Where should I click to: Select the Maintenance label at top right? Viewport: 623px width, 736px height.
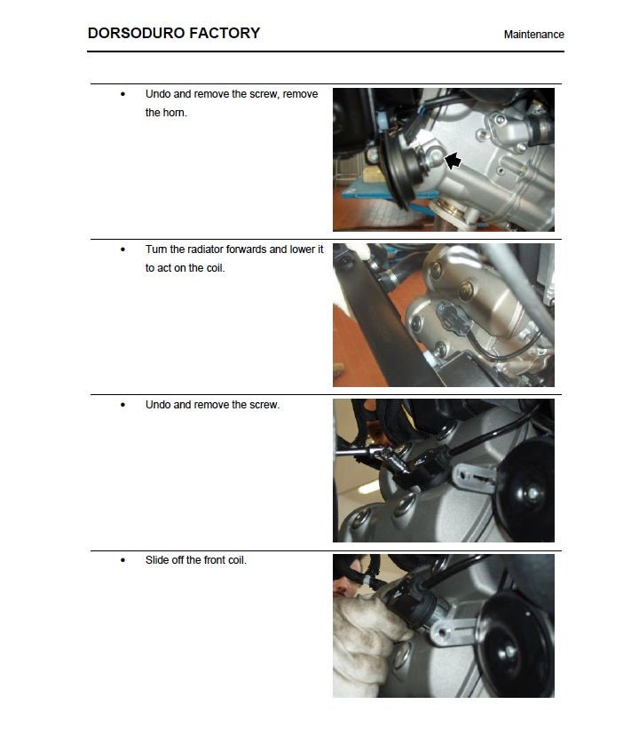tap(533, 35)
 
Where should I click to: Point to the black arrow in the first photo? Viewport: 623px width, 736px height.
tap(453, 161)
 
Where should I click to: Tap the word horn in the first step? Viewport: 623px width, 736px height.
tap(175, 113)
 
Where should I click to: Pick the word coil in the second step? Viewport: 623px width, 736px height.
tap(212, 268)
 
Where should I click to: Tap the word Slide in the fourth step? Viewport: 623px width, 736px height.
tap(158, 560)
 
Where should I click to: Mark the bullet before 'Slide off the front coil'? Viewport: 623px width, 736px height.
tap(122, 561)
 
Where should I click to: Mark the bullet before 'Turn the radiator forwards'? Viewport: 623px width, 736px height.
tap(122, 250)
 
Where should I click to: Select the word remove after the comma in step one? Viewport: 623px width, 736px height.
tap(300, 94)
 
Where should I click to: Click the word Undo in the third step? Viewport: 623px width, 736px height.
tap(158, 405)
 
